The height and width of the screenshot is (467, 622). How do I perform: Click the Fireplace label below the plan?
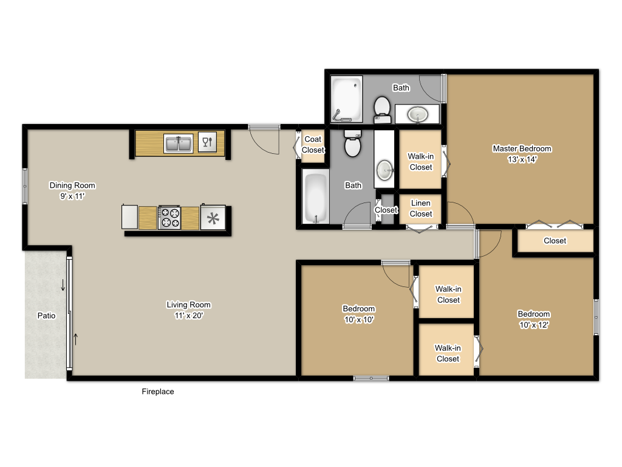pos(158,392)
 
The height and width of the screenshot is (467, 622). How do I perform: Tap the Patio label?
pos(46,316)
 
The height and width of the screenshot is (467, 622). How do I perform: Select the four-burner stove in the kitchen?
pos(169,218)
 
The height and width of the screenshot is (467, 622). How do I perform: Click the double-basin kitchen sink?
pos(178,144)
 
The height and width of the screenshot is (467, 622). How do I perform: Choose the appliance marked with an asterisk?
pos(213,218)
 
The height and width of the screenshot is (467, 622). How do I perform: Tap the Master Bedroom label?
pos(522,149)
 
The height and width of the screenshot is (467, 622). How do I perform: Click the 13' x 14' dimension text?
pos(522,160)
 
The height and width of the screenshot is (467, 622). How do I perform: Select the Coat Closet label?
pos(313,145)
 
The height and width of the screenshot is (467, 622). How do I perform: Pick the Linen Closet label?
pos(421,209)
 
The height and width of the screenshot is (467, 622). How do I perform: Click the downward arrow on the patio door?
pos(62,285)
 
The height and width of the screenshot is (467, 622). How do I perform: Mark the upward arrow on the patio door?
pos(76,339)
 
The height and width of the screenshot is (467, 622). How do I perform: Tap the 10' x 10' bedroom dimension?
pos(358,320)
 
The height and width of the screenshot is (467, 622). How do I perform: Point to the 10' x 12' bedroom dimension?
pos(533,325)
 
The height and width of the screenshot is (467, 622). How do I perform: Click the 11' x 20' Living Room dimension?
pos(188,316)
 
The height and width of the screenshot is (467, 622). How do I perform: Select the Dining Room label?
pos(72,185)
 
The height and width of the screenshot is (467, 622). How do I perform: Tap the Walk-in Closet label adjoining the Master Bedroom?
pos(420,162)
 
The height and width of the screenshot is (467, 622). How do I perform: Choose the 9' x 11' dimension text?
pos(72,196)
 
